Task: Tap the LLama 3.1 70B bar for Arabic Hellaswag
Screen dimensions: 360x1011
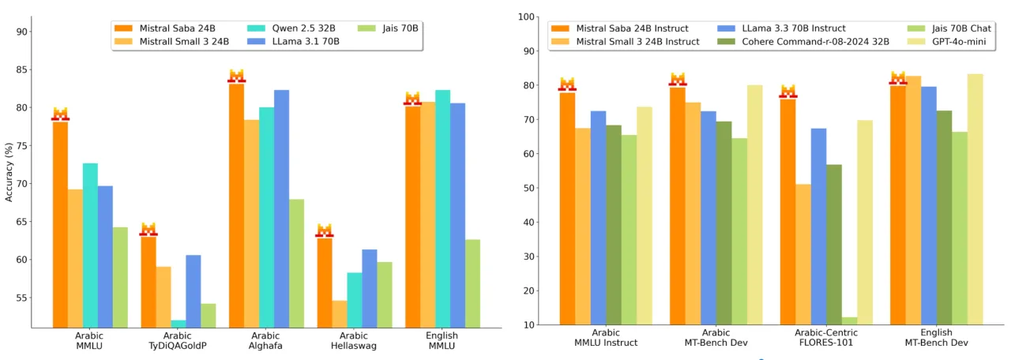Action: pos(370,288)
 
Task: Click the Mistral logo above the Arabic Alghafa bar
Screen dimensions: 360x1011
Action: pos(236,76)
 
